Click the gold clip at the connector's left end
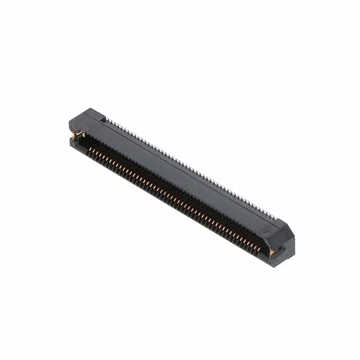click(78, 135)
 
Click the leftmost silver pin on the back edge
click(109, 120)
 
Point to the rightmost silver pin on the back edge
click(276, 218)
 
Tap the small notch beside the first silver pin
click(103, 119)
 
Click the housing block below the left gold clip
click(75, 143)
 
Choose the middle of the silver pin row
click(191, 168)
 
